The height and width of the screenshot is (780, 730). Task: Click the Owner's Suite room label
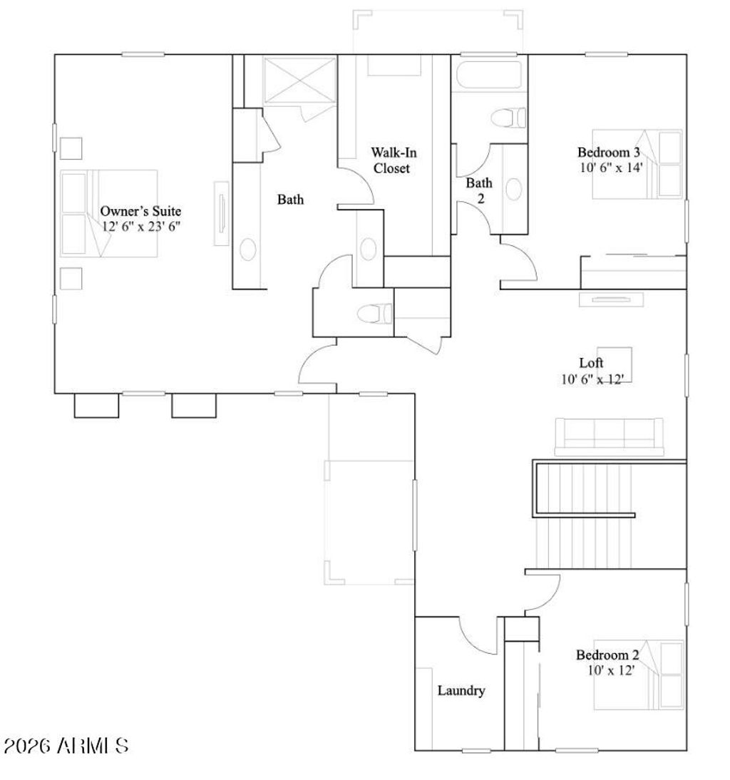(140, 211)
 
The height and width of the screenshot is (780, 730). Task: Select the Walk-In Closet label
(389, 160)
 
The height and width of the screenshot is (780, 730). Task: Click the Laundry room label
(461, 690)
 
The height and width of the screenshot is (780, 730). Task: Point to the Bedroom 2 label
(607, 655)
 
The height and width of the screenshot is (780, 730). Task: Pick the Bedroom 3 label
(608, 152)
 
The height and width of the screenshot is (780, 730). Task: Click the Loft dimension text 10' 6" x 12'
(592, 379)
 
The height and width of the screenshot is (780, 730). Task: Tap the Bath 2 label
(479, 190)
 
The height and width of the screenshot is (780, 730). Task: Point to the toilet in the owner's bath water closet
(374, 312)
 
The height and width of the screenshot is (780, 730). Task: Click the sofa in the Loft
(609, 436)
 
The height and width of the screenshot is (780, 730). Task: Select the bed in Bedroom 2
(639, 674)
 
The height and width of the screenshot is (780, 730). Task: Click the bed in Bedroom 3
(637, 164)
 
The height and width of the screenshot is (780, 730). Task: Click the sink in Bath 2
(513, 189)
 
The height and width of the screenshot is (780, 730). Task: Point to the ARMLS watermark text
(66, 746)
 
